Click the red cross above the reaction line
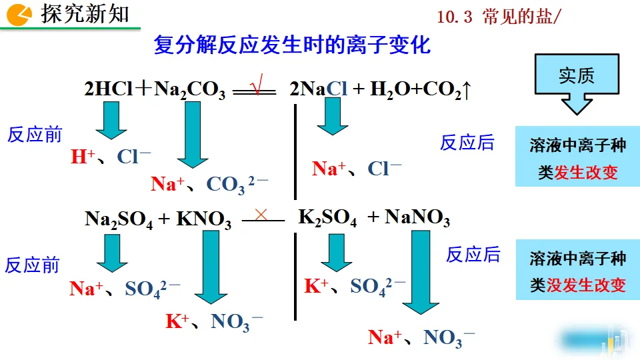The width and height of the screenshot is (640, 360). (261, 214)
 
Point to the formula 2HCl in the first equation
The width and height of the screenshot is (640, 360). (109, 89)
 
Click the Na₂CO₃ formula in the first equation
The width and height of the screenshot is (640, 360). (189, 90)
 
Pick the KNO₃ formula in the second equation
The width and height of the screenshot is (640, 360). (204, 220)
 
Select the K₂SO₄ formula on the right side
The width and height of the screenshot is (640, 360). (327, 219)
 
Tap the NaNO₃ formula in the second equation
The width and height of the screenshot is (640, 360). (417, 219)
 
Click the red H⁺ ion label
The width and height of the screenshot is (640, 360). (83, 157)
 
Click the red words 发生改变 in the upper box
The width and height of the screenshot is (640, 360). (586, 173)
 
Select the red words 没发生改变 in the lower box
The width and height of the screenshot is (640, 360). (586, 285)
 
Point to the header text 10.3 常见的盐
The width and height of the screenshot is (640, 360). (499, 17)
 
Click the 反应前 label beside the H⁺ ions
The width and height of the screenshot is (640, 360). (35, 135)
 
